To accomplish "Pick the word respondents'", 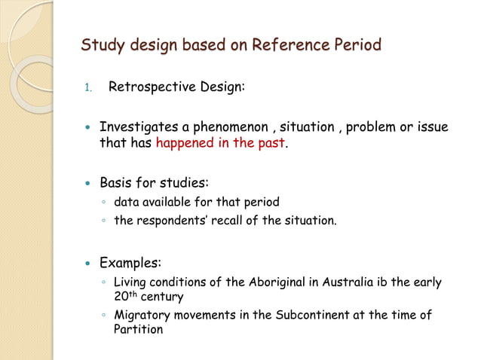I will tap(168, 221).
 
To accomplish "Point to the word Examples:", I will tap(130, 264).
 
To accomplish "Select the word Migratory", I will tap(142, 315).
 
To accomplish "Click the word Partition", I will tap(138, 329).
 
